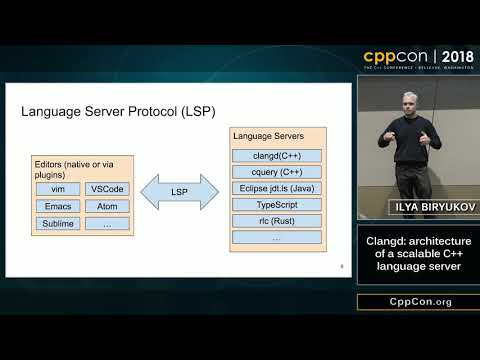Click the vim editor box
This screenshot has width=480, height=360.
click(x=57, y=189)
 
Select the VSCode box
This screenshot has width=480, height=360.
click(x=107, y=189)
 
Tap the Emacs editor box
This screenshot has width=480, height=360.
click(x=57, y=207)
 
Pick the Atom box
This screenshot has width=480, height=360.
click(x=107, y=207)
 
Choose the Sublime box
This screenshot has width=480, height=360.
click(x=57, y=224)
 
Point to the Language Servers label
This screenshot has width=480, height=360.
click(x=267, y=135)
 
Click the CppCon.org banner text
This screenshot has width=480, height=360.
click(x=418, y=301)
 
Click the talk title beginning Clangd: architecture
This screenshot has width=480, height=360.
click(x=418, y=253)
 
